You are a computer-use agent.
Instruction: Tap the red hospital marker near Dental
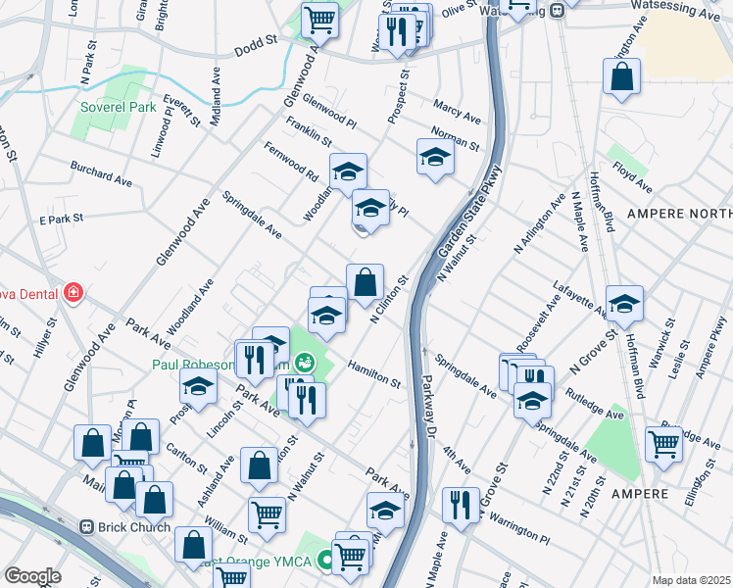pyautogui.click(x=72, y=292)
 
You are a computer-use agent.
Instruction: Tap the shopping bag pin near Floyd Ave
pyautogui.click(x=622, y=77)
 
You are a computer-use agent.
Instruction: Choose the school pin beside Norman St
pyautogui.click(x=435, y=156)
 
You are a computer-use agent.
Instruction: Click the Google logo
pyautogui.click(x=32, y=576)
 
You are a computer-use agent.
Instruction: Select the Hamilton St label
pyautogui.click(x=374, y=370)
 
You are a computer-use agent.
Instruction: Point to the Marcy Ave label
pyautogui.click(x=458, y=111)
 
